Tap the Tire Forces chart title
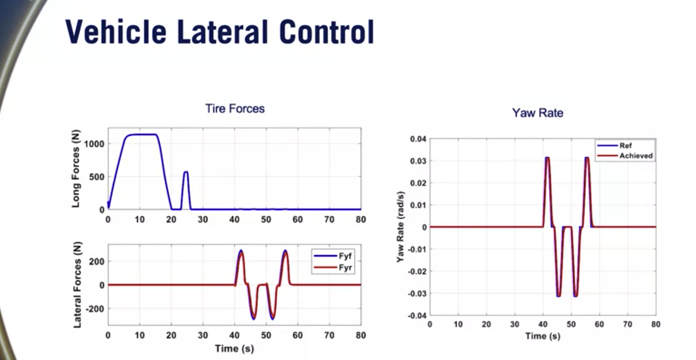click(x=235, y=109)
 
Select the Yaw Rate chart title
click(x=537, y=113)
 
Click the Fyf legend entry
click(x=345, y=256)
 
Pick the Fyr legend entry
click(x=345, y=267)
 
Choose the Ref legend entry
click(x=625, y=146)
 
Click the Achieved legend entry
click(x=636, y=156)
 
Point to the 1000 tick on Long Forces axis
click(x=94, y=144)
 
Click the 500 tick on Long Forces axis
click(x=96, y=177)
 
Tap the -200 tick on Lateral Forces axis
click(x=95, y=309)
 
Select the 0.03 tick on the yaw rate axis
click(x=418, y=161)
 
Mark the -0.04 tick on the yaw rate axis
click(x=417, y=315)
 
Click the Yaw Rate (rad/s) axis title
click(x=400, y=227)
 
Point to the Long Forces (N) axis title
click(x=76, y=168)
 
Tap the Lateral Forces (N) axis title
click(x=77, y=285)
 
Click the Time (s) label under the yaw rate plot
click(x=542, y=336)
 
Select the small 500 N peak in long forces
click(x=186, y=172)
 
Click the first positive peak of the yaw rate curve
click(x=547, y=158)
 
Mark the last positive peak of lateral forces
click(x=285, y=251)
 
